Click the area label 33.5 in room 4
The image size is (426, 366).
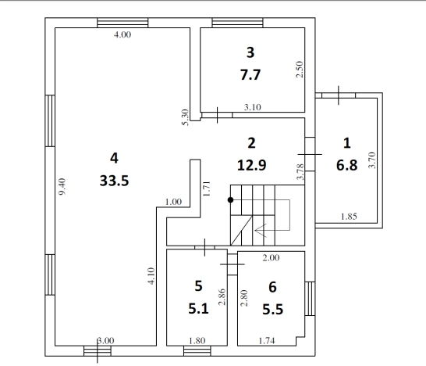[x=114, y=181]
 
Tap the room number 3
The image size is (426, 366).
[x=250, y=52]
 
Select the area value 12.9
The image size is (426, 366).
[x=251, y=165]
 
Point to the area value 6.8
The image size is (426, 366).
[x=346, y=165]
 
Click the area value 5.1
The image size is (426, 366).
[x=198, y=309]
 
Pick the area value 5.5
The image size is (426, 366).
[x=273, y=310]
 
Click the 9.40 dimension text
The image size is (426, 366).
[x=62, y=187]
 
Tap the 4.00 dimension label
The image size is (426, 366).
[x=122, y=34]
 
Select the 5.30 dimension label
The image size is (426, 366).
[x=185, y=117]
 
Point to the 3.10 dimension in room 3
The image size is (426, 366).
[x=252, y=107]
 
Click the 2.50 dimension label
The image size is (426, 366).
[x=299, y=70]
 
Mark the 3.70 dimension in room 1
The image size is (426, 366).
[x=372, y=160]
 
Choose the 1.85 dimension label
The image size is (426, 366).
[x=349, y=217]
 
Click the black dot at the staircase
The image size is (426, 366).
[x=230, y=200]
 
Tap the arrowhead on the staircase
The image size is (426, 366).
[x=261, y=231]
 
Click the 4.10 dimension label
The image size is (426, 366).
[x=151, y=276]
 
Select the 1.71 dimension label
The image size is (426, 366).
[x=207, y=188]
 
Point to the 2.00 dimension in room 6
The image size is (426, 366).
[x=271, y=257]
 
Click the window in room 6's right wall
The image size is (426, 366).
[x=310, y=299]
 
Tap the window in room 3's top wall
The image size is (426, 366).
[x=237, y=23]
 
